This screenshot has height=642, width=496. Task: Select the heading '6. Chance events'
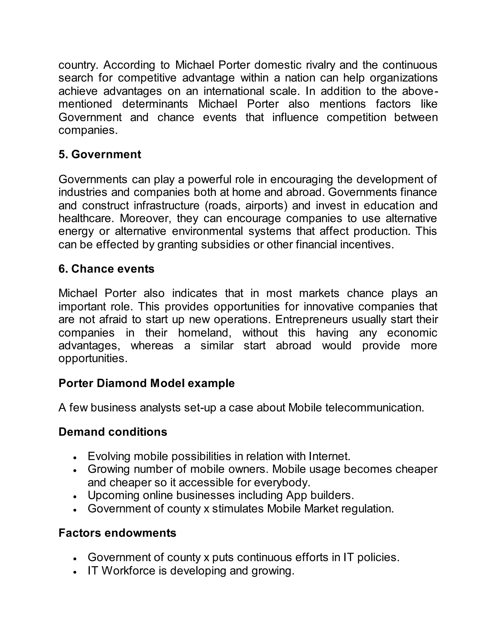tap(106, 269)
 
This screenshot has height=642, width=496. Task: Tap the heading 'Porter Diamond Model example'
tap(146, 383)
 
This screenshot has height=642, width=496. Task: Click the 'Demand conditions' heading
tap(113, 432)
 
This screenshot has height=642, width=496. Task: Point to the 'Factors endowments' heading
tap(117, 533)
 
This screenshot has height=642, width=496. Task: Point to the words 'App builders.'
tap(320, 496)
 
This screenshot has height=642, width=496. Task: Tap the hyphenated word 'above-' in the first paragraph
tap(420, 91)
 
